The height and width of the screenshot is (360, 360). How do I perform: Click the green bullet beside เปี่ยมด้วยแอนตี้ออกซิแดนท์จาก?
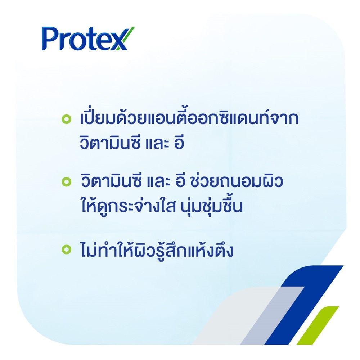66,119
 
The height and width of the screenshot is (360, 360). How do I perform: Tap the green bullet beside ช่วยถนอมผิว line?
66,181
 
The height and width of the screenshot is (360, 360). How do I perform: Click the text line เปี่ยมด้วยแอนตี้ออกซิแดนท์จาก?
189,119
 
